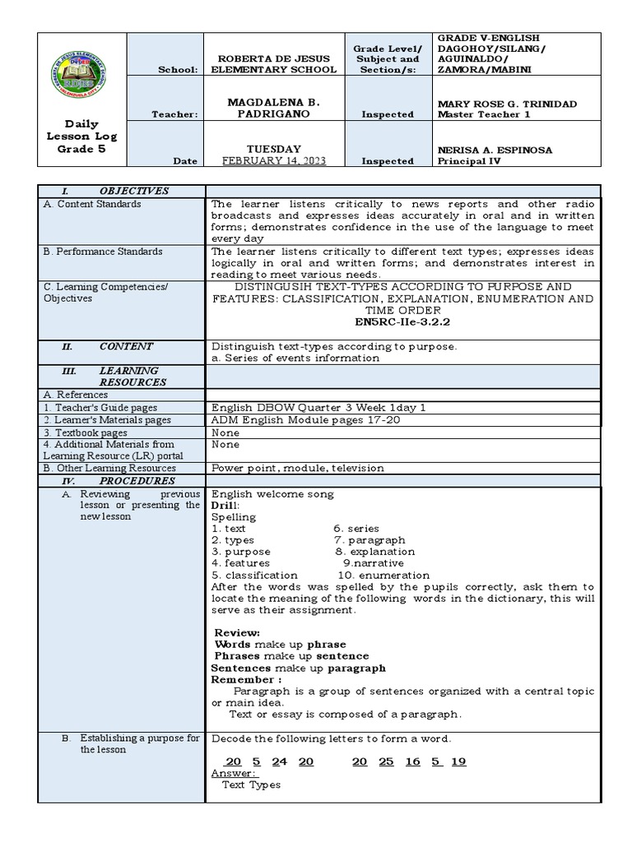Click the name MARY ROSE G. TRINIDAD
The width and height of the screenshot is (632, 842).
(506, 104)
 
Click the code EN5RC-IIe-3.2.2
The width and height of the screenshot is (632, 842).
(402, 322)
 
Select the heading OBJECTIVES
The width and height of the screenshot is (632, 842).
(133, 191)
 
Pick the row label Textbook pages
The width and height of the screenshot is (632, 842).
(86, 433)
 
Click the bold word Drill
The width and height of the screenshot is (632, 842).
(225, 506)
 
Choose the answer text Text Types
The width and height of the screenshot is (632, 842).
(251, 784)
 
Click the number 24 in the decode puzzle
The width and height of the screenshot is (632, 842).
(279, 761)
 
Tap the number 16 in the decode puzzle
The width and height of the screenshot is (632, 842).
(413, 761)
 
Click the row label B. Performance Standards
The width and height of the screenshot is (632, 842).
(103, 252)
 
